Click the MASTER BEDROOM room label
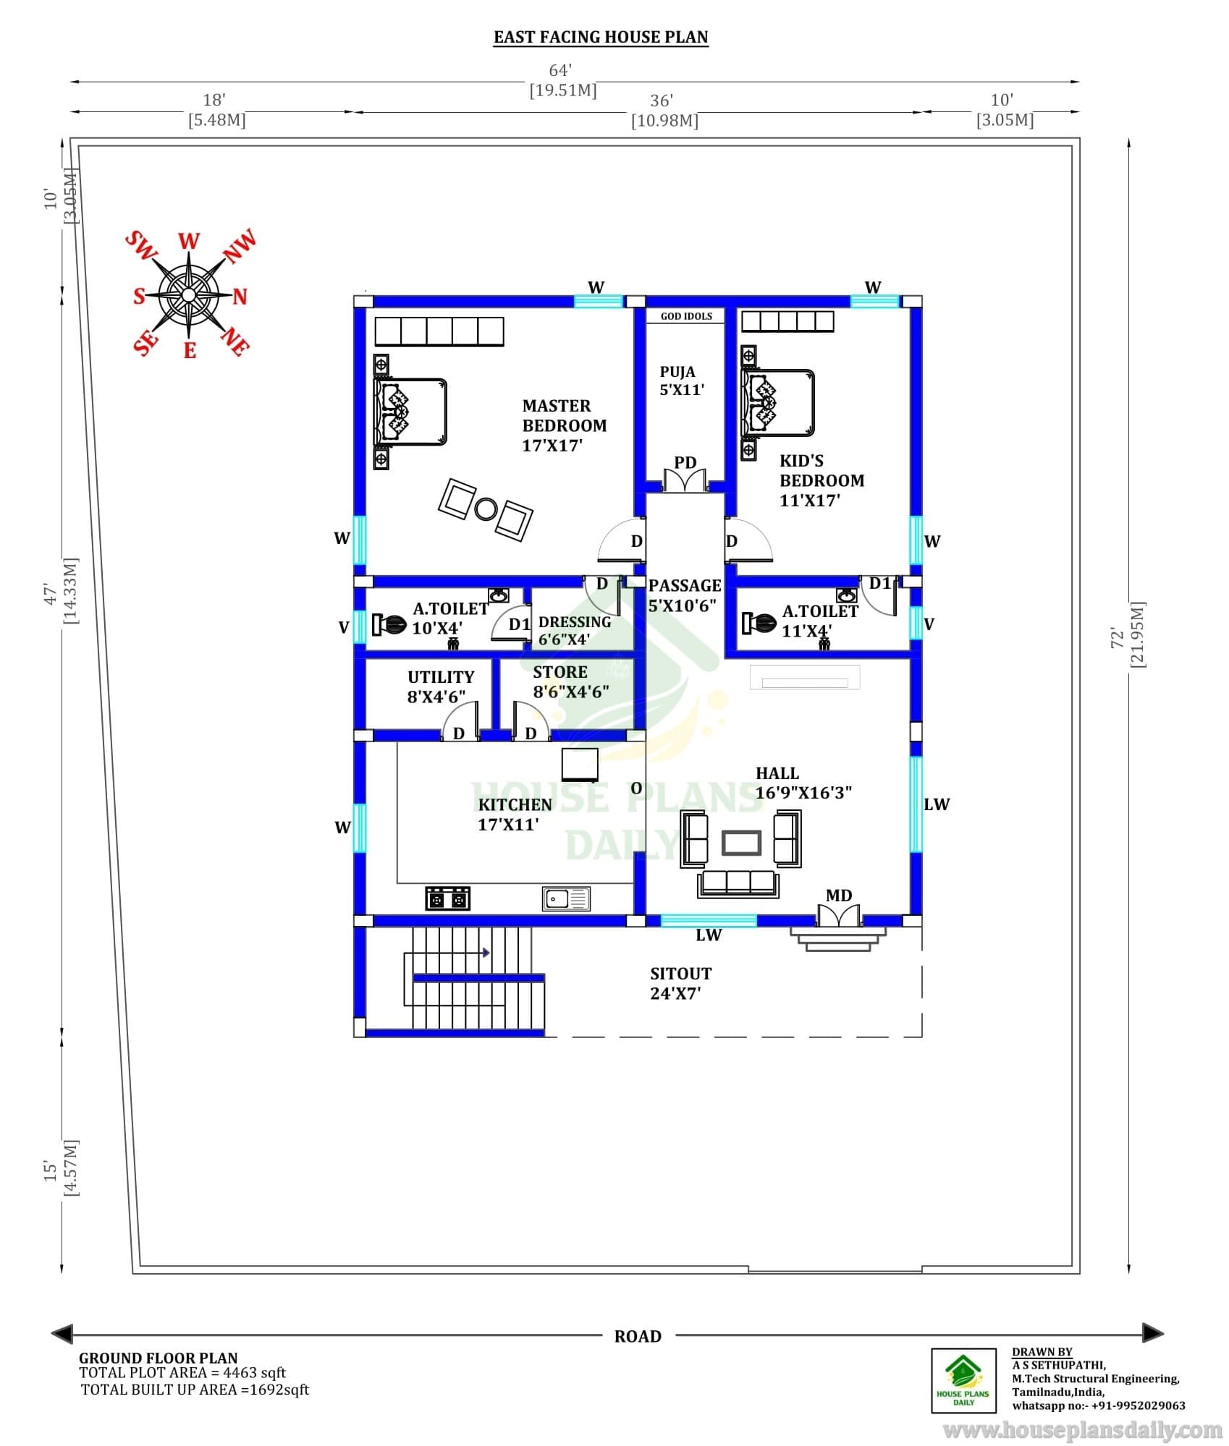coord(565,425)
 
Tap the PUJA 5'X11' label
coord(681,380)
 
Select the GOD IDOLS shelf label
coord(686,316)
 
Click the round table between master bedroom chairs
coord(486,509)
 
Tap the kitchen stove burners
coord(447,898)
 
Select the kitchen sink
coord(566,898)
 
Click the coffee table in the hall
coord(741,842)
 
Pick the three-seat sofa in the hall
coord(738,883)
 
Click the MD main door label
coord(839,896)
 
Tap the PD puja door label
coord(685,462)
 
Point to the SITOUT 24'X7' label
coord(680,983)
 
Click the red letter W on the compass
coord(189,241)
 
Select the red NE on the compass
coord(235,341)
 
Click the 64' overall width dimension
coord(560,70)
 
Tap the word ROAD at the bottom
coord(638,1336)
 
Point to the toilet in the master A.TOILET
coord(389,624)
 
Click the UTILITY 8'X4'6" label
coord(440,686)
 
